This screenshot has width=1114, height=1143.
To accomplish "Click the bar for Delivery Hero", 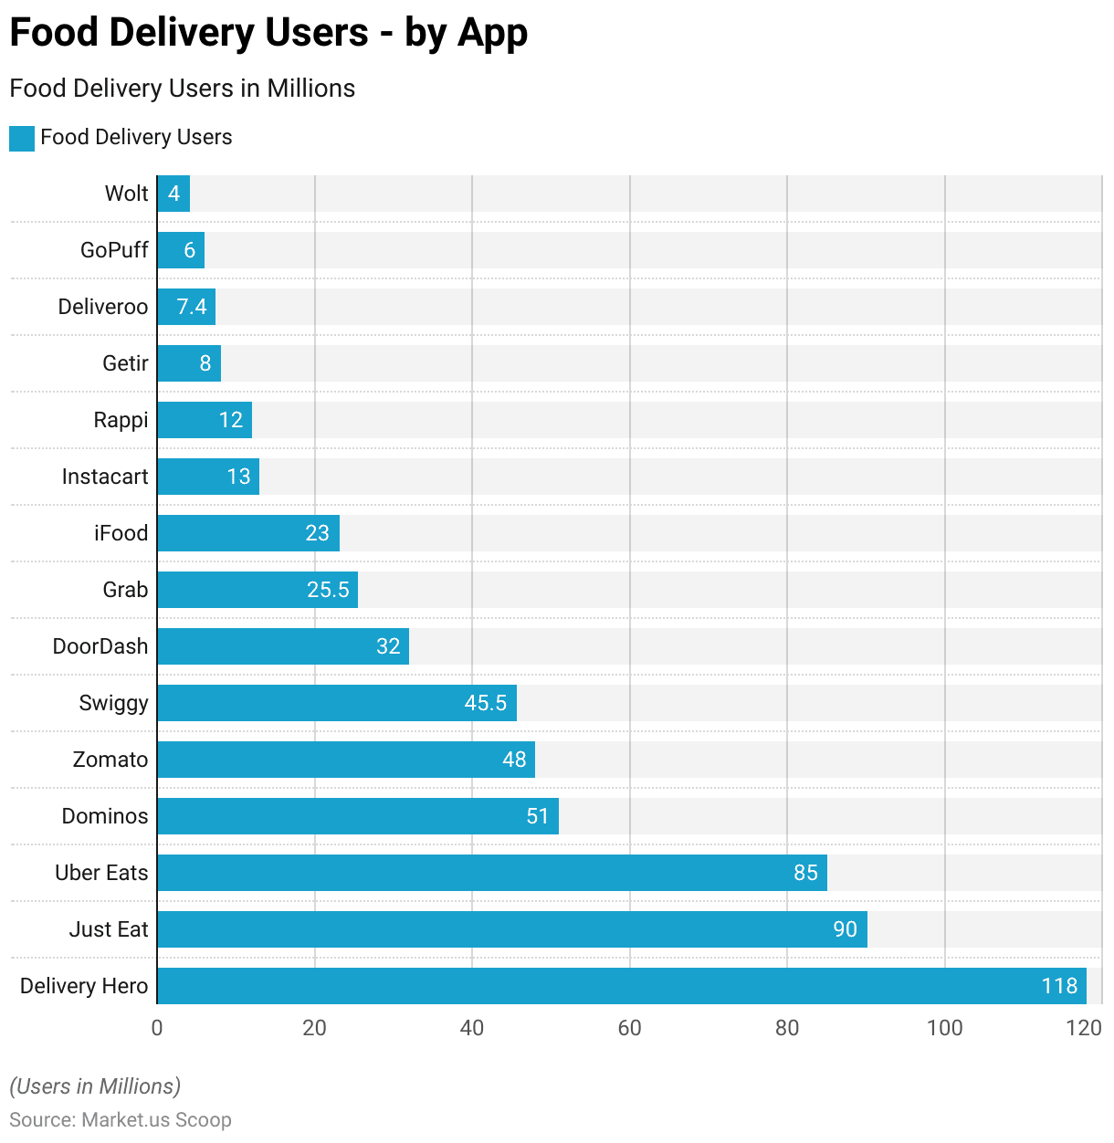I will (621, 986).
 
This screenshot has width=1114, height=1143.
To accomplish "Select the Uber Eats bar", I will (491, 873).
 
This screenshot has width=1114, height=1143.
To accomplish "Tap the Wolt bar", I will (173, 194).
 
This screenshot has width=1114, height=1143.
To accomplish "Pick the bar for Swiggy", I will (336, 703).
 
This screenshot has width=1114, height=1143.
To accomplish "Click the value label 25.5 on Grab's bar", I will (328, 590).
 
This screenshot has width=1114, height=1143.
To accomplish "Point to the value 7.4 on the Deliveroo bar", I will (192, 307).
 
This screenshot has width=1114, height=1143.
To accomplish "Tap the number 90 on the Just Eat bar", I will (845, 929).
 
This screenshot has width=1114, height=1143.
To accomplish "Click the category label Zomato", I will (110, 760).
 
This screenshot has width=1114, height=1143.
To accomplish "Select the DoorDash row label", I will (100, 646).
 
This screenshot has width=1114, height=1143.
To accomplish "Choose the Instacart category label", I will (105, 477).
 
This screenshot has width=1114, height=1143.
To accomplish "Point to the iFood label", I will (121, 533).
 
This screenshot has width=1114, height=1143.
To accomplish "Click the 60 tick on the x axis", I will (629, 1028).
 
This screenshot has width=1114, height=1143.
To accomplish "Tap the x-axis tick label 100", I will (944, 1028).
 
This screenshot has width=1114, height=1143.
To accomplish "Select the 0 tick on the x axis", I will (157, 1028).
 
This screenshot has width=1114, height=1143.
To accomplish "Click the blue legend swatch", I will (22, 138).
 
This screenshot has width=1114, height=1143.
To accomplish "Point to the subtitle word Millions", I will (310, 89).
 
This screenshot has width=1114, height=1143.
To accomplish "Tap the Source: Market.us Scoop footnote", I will (121, 1120).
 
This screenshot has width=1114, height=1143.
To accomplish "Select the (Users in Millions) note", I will (95, 1086).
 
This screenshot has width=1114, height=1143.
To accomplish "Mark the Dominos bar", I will (357, 816).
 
